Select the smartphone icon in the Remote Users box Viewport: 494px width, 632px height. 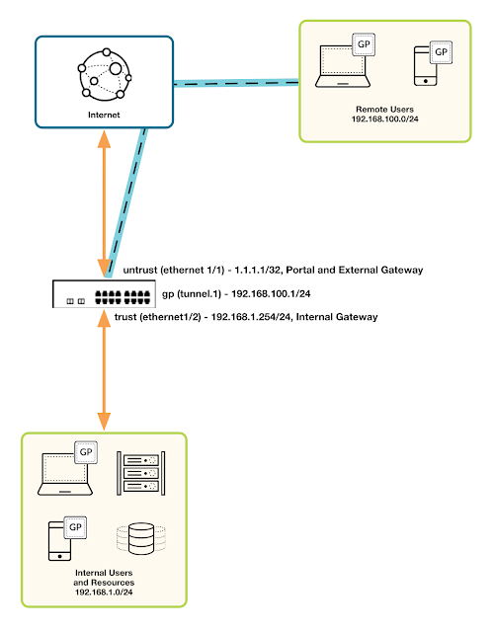(427, 67)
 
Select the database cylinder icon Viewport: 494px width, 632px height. (137, 539)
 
